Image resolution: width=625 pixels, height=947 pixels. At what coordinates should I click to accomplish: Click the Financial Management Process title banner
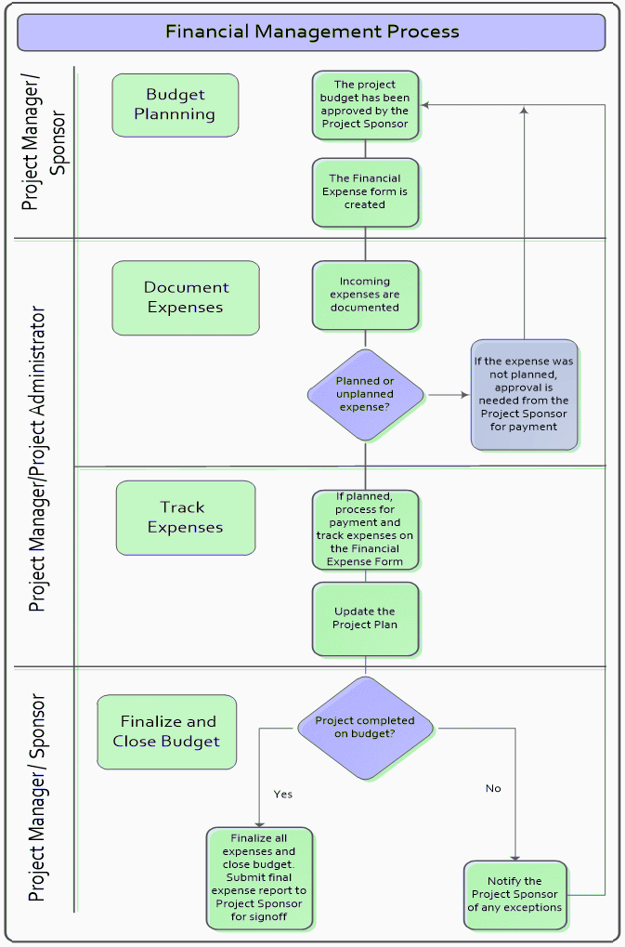[312, 32]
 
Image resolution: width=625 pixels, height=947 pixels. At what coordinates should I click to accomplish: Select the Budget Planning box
[175, 105]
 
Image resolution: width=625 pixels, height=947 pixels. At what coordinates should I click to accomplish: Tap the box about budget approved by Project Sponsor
[365, 104]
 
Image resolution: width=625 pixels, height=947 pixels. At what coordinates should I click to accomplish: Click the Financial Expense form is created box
[365, 191]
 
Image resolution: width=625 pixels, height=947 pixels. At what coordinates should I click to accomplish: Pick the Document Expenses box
[186, 297]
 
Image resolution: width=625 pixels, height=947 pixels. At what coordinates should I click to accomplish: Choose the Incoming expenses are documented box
[365, 295]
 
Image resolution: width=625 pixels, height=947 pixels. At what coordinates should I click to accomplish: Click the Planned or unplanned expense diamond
[365, 394]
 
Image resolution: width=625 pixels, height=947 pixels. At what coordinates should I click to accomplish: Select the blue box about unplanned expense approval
[525, 394]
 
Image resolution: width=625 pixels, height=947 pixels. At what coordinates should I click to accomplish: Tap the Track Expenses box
[185, 518]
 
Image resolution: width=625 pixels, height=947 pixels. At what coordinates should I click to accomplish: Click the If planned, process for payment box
[365, 529]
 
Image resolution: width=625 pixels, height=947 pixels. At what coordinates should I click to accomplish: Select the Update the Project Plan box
[365, 618]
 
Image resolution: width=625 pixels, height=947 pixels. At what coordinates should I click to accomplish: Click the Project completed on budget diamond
[365, 728]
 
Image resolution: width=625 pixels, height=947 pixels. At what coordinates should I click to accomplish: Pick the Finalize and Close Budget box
[167, 731]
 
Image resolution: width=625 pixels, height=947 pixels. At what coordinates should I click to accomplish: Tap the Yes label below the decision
[283, 795]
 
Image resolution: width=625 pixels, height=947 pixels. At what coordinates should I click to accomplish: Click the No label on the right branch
[493, 788]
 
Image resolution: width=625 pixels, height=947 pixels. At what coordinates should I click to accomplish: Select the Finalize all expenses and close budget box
[260, 877]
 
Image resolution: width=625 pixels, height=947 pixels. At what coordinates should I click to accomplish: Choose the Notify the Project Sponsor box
[515, 894]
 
